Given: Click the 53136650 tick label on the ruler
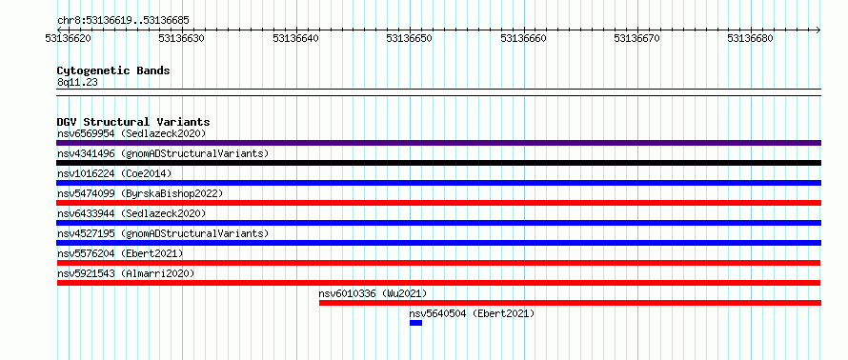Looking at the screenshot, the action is tap(410, 38).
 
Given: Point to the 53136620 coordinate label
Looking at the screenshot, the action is tap(69, 38).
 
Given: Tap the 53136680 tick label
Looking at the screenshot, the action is tap(750, 38).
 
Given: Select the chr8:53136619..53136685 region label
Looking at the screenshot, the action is tap(123, 21).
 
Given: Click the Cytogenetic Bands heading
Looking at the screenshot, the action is tap(113, 70).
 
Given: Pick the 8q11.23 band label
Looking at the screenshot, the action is tap(77, 83).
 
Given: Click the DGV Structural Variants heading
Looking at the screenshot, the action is tap(133, 122).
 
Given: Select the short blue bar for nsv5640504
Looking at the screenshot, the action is tap(415, 323).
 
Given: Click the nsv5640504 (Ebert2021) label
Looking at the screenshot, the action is tap(472, 313).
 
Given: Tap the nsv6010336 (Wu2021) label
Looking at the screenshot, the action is tap(373, 293).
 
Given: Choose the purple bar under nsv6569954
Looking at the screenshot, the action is tap(438, 143).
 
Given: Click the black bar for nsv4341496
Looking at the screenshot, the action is tap(438, 163).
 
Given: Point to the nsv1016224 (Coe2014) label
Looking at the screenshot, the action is tap(114, 173).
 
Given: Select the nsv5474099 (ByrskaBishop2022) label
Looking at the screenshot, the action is tap(140, 193).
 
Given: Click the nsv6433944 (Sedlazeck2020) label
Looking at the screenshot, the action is tap(131, 213).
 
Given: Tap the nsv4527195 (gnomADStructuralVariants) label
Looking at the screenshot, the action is tap(163, 233).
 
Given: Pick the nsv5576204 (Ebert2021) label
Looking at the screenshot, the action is tap(120, 253).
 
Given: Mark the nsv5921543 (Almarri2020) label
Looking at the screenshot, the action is tap(126, 273).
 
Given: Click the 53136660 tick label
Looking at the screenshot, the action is tap(523, 38).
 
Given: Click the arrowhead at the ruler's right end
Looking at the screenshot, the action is tap(818, 30).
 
